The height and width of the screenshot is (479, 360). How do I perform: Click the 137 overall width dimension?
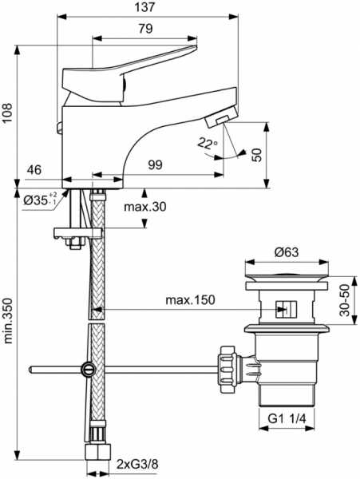pyautogui.click(x=145, y=7)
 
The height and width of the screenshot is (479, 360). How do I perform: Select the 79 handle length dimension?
pyautogui.click(x=145, y=29)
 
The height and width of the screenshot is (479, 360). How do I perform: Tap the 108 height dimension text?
pyautogui.click(x=7, y=113)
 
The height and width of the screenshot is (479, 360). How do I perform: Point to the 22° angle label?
pyautogui.click(x=208, y=143)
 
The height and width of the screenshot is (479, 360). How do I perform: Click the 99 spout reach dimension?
pyautogui.click(x=156, y=165)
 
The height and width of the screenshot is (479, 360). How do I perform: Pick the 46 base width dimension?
pyautogui.click(x=34, y=170)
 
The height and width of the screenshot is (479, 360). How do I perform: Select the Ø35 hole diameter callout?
pyautogui.click(x=40, y=200)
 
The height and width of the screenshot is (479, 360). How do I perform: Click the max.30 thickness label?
pyautogui.click(x=145, y=207)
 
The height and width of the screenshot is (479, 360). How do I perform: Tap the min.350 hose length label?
pyautogui.click(x=7, y=320)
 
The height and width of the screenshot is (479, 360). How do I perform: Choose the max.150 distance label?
pyautogui.click(x=190, y=300)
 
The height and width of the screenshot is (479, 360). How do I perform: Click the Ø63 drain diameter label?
pyautogui.click(x=286, y=252)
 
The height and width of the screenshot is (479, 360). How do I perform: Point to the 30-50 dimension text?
pyautogui.click(x=344, y=300)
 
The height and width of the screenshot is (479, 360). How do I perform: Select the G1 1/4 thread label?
pyautogui.click(x=287, y=418)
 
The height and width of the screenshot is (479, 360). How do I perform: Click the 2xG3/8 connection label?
pyautogui.click(x=137, y=465)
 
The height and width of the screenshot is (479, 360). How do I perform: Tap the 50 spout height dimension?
pyautogui.click(x=257, y=155)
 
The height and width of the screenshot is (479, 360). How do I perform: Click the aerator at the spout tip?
pyautogui.click(x=221, y=117)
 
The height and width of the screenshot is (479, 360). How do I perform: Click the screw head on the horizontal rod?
pyautogui.click(x=88, y=370)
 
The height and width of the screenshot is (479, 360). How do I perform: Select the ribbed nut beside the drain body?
pyautogui.click(x=228, y=369)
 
